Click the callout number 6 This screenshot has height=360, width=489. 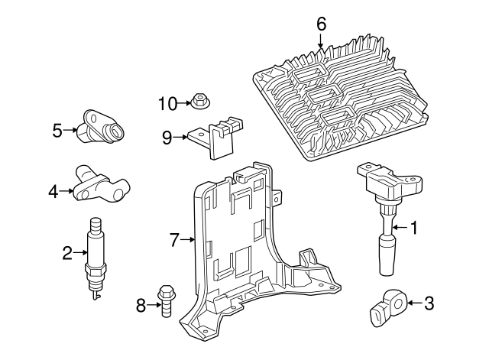pyautogui.click(x=321, y=24)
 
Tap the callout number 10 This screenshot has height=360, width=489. pyautogui.click(x=167, y=102)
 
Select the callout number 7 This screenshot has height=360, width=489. pyautogui.click(x=174, y=240)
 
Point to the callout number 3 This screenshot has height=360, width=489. pyautogui.click(x=429, y=303)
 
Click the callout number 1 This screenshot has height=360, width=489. pyautogui.click(x=414, y=227)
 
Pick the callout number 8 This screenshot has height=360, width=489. pyautogui.click(x=140, y=306)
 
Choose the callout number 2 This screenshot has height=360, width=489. pyautogui.click(x=67, y=251)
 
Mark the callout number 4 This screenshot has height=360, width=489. pyautogui.click(x=53, y=192)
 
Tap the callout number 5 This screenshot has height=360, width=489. pyautogui.click(x=57, y=130)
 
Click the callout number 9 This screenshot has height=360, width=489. pyautogui.click(x=167, y=138)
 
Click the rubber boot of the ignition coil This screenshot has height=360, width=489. pyautogui.click(x=386, y=255)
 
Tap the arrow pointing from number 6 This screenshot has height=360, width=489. pyautogui.click(x=321, y=42)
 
